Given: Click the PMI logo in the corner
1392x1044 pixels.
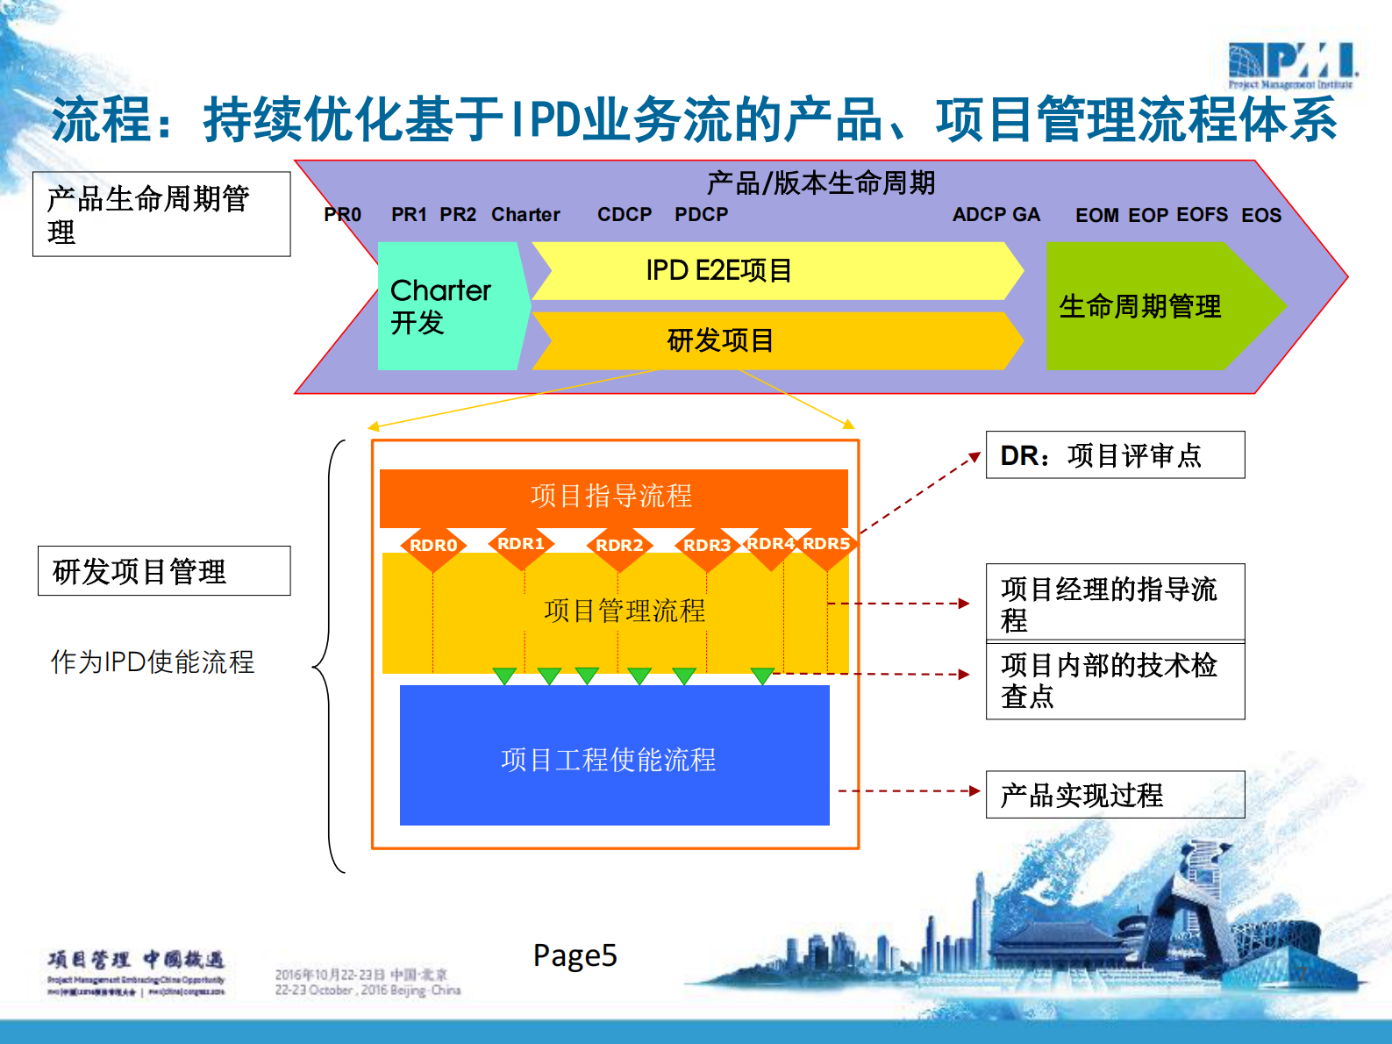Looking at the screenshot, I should click(1292, 65).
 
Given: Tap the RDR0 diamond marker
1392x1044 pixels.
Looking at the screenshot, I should click(433, 546).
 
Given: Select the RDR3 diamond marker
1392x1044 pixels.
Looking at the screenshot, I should click(706, 546).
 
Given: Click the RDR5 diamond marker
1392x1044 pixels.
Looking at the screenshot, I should click(826, 544).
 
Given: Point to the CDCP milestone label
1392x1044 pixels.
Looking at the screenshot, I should click(625, 215).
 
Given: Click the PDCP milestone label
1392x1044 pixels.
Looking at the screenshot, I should click(701, 215).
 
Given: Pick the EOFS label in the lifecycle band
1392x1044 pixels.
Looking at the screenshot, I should click(1202, 215).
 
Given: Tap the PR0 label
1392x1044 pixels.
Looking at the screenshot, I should click(342, 215).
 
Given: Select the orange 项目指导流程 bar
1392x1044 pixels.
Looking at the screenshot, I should click(613, 497).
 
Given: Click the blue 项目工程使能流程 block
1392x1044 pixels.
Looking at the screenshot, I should click(614, 756).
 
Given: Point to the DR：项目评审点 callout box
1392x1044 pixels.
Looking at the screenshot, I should click(1115, 455).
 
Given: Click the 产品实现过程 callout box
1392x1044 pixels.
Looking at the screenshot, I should click(1115, 795).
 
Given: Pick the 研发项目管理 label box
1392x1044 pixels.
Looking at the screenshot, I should click(164, 571).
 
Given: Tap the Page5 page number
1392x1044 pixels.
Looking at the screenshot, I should click(575, 955).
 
